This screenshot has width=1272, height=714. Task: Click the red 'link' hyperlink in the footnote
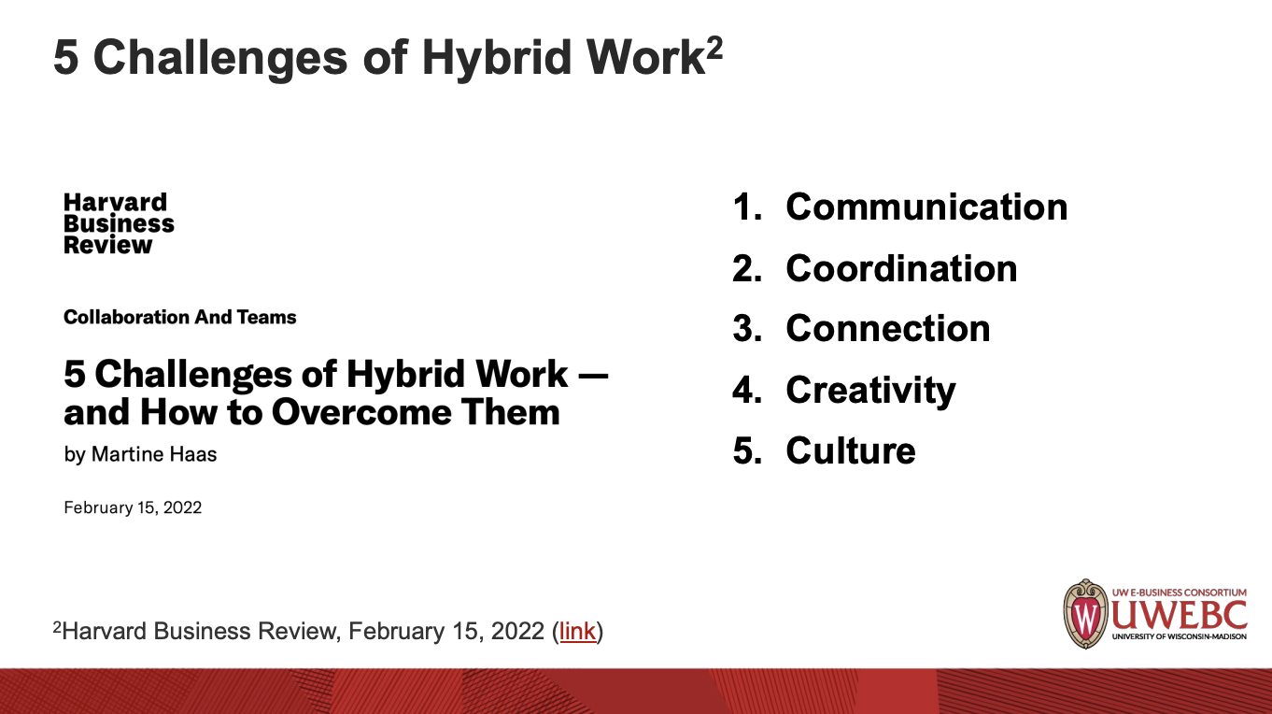tap(577, 631)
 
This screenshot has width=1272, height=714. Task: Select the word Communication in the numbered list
tap(926, 207)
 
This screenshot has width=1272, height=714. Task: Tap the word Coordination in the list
tap(902, 268)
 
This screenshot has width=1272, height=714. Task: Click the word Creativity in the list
tap(870, 392)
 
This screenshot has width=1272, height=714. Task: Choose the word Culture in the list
tap(851, 451)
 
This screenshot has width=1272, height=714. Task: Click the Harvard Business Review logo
tap(119, 223)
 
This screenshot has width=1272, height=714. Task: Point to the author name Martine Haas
tap(154, 454)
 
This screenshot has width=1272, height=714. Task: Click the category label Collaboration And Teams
tap(180, 317)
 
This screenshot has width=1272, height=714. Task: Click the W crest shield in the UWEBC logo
tap(1085, 614)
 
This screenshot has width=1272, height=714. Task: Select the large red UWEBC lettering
tap(1179, 615)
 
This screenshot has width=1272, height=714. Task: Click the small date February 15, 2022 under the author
tap(133, 507)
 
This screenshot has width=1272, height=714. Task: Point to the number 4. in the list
tap(747, 391)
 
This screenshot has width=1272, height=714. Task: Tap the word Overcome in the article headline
tap(361, 412)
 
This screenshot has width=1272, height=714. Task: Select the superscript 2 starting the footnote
tap(57, 626)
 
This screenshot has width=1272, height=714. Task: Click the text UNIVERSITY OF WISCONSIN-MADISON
tap(1179, 636)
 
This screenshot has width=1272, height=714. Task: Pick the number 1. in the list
tap(747, 207)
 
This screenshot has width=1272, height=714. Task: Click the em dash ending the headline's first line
tap(595, 375)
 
